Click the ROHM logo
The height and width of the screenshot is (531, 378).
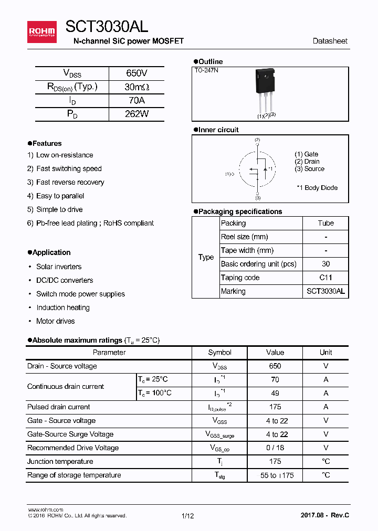41,32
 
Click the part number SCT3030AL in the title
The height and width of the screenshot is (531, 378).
107,27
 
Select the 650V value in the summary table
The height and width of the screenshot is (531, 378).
136,73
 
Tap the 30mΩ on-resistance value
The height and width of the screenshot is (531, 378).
136,87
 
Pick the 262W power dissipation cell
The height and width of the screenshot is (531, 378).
136,114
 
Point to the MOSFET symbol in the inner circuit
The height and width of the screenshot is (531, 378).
257,169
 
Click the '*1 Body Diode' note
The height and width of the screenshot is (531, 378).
317,188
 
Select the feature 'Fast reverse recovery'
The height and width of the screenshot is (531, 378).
70,183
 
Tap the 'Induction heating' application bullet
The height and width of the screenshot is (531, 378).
62,307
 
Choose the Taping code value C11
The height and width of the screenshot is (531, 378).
325,278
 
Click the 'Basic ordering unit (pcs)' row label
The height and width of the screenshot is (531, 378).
258,264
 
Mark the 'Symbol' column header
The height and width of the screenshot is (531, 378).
219,353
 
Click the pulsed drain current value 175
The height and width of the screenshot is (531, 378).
275,407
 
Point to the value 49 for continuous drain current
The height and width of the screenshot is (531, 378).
275,393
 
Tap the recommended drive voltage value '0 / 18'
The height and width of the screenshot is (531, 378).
275,448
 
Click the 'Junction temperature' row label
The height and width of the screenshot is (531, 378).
60,462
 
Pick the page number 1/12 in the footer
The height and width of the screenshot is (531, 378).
187,516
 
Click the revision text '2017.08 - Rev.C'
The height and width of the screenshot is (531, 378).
324,515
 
